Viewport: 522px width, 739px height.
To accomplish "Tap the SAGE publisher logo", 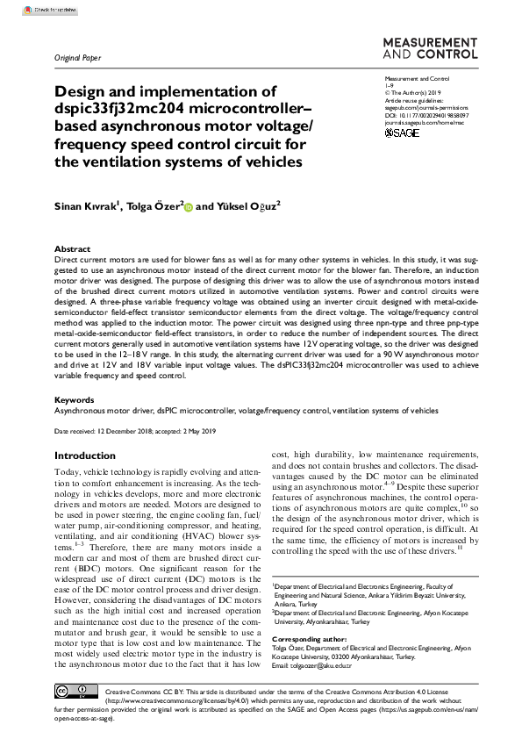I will coord(402,133).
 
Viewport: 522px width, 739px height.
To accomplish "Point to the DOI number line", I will coord(427,114).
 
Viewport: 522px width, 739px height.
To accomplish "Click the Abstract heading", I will coord(72,249).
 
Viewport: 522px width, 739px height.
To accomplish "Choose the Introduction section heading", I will coord(84,456).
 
